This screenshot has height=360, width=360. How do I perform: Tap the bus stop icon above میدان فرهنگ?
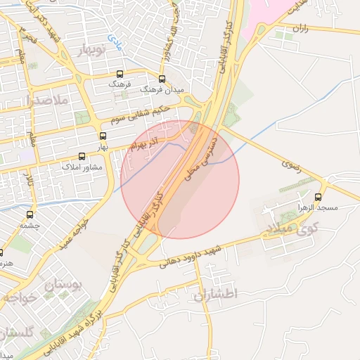pos(162,79)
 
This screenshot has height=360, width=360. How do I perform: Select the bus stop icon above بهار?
pos(103,136)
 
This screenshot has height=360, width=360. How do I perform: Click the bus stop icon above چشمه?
pos(30,214)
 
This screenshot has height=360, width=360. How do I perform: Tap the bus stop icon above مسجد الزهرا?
pos(319,197)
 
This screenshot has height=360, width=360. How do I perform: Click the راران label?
pos(300,30)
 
